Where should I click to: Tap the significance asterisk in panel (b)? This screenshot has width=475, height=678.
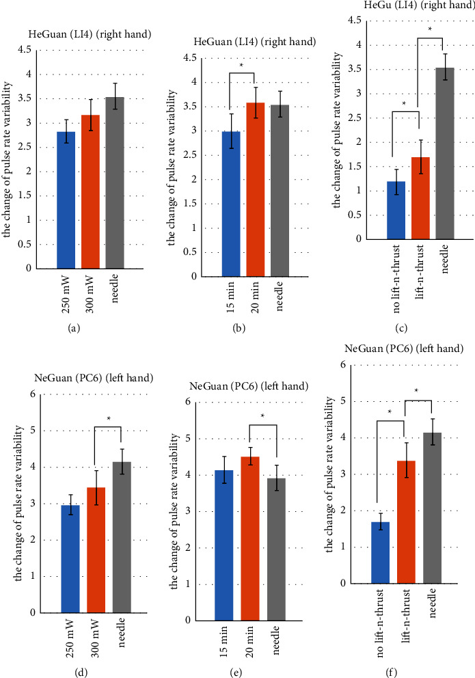pyautogui.click(x=242, y=66)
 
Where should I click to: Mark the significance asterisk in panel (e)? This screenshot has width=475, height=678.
pyautogui.click(x=262, y=416)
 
